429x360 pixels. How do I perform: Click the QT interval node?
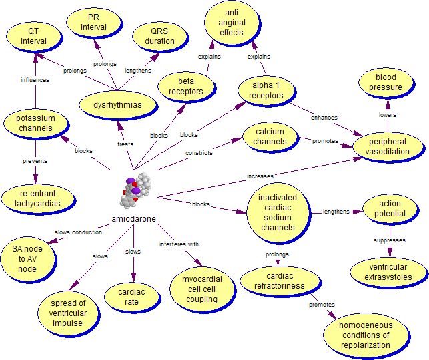click(33, 36)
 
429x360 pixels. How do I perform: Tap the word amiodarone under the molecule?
click(134, 219)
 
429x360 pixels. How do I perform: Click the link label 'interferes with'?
click(179, 244)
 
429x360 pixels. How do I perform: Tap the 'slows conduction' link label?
click(79, 232)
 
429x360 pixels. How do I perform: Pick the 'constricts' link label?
click(199, 153)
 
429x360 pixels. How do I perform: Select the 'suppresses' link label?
click(390, 238)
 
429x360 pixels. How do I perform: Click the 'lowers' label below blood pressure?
click(388, 114)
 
